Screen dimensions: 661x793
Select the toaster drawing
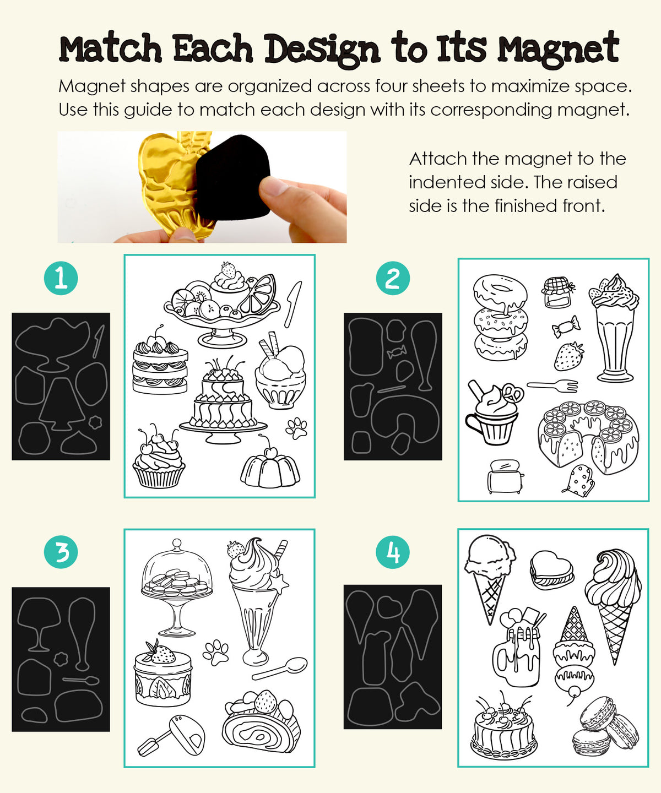[506, 476]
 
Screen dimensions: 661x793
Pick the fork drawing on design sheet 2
[552, 385]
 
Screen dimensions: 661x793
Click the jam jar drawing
[557, 292]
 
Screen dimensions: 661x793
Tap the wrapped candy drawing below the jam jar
[566, 327]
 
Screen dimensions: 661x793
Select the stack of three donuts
[501, 317]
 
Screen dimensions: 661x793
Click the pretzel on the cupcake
[513, 393]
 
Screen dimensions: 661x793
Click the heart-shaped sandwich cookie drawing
[551, 570]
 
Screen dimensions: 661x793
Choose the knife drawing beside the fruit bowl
[293, 304]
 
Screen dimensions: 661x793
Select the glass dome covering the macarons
[177, 567]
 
